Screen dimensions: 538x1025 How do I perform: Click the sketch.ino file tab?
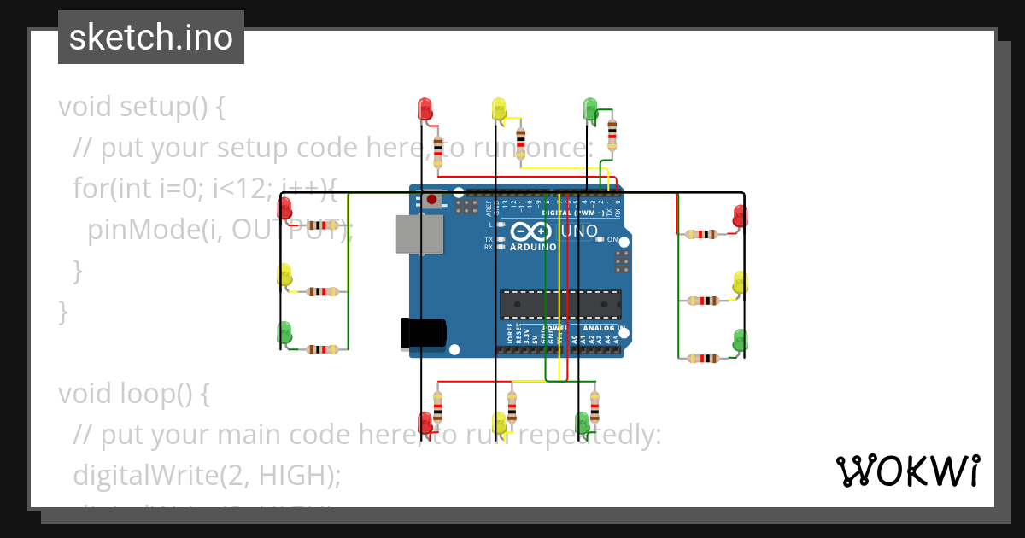pos(151,38)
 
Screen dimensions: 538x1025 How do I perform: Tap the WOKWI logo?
pos(907,471)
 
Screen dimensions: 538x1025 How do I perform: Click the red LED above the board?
pos(425,108)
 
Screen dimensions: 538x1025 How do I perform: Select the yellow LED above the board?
pos(500,108)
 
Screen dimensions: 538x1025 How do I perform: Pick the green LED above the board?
pos(590,108)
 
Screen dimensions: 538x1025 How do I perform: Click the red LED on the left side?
pos(285,207)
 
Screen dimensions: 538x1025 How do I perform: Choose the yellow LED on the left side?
pos(284,274)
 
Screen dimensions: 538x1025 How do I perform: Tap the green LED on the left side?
pos(284,331)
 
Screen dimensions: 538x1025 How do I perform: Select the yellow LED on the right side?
pos(741,283)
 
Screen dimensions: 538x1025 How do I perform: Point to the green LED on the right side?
pos(741,339)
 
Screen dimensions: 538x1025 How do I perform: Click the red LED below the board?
pos(425,422)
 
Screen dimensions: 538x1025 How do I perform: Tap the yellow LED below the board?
pos(501,422)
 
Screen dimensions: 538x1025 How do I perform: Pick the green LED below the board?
pos(583,422)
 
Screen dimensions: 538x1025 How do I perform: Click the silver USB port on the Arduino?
pos(419,234)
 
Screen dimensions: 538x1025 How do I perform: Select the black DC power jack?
pos(423,333)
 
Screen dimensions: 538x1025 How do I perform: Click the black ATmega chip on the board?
pos(560,303)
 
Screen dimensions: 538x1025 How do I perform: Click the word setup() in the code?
pos(163,108)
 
